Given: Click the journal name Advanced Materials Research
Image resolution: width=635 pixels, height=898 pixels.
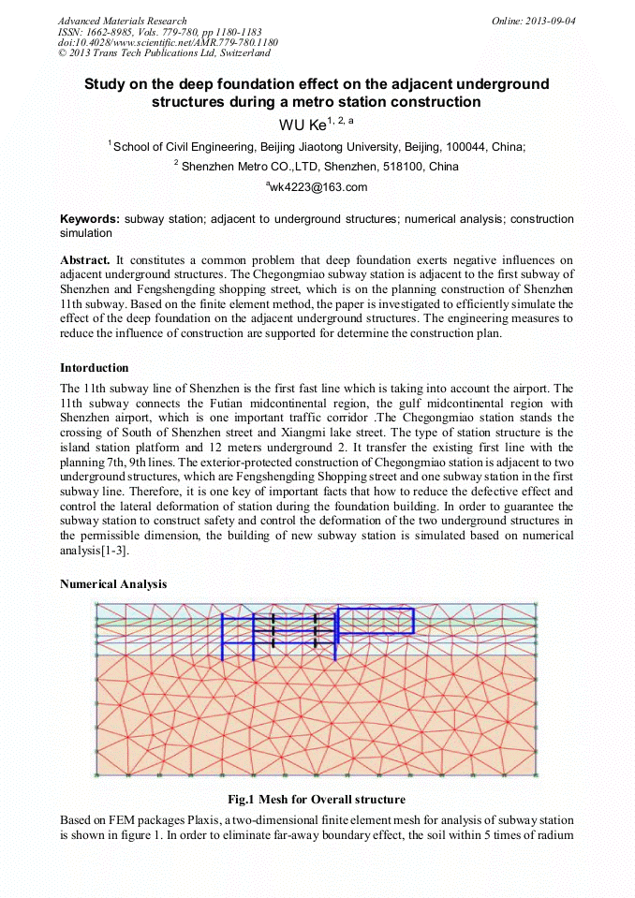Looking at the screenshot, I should pyautogui.click(x=122, y=21).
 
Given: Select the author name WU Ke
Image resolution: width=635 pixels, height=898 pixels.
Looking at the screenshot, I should pyautogui.click(x=303, y=125).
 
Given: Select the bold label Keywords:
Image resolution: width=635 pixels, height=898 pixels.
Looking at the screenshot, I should pyautogui.click(x=90, y=219).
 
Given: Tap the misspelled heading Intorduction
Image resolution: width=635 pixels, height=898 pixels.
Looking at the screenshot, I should pyautogui.click(x=95, y=367).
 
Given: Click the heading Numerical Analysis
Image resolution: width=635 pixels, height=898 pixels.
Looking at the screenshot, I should pyautogui.click(x=113, y=584).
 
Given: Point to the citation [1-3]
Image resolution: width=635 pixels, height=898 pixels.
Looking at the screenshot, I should pyautogui.click(x=112, y=551).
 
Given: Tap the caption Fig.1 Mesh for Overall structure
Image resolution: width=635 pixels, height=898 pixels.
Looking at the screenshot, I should pyautogui.click(x=317, y=800).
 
